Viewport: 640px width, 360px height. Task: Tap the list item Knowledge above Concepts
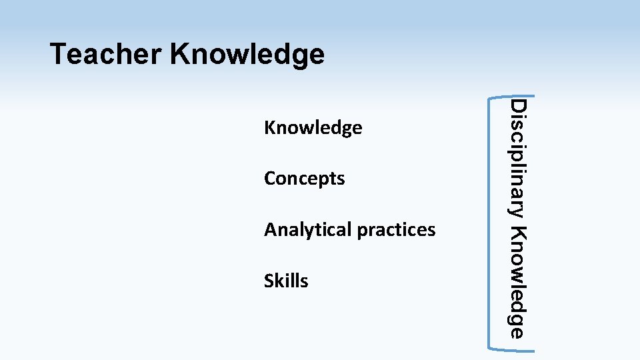[313, 127]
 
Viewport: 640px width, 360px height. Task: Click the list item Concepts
[304, 179]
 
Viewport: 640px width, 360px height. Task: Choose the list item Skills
[286, 281]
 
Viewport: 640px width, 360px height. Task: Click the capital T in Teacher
[58, 54]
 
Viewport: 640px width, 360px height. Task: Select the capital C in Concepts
[269, 179]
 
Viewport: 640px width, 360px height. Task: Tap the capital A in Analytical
[270, 230]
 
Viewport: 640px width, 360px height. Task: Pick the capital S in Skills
[269, 281]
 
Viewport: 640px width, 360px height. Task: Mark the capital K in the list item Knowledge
[269, 127]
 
